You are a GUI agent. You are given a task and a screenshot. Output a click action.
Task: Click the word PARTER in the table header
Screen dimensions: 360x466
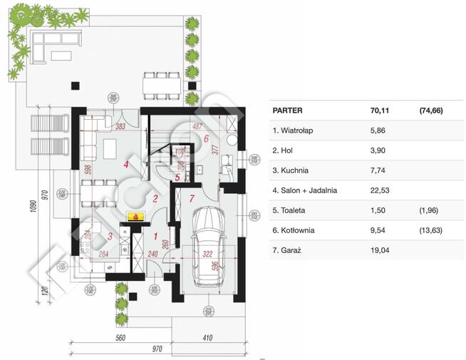[x=288, y=110]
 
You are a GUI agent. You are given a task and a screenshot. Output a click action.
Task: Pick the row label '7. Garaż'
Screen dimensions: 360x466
[x=289, y=250]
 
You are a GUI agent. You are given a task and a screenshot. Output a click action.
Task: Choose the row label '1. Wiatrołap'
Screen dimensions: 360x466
[x=296, y=130]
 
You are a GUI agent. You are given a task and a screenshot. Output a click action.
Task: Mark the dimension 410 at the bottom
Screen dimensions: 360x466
[x=207, y=338]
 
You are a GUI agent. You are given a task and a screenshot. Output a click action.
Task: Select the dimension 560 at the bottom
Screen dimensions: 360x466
[x=120, y=338]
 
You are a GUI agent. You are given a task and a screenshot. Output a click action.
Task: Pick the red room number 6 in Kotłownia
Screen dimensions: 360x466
[x=206, y=138]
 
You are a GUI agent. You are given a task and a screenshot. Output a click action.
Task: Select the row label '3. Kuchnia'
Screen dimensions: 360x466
[x=292, y=170]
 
